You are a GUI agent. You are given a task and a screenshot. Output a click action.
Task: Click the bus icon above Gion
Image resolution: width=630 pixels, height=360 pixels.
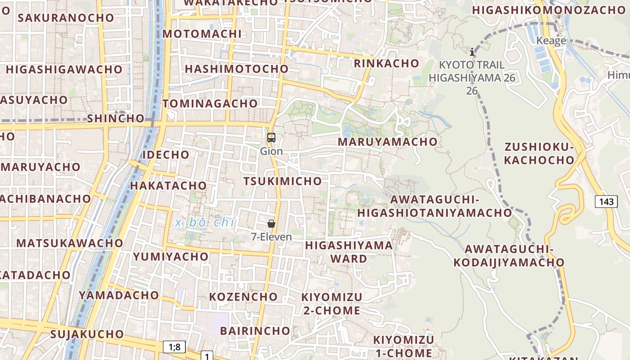[271, 138]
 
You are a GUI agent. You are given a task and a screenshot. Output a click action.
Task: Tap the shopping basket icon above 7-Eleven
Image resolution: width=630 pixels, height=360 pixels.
[271, 224]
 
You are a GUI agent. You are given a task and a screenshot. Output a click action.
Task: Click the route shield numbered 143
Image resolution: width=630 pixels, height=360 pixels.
[606, 201]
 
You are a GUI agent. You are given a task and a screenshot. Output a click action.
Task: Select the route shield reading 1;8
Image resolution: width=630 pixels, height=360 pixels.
[174, 346]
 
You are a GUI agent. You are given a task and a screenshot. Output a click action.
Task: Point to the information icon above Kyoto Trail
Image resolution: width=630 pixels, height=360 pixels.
[472, 52]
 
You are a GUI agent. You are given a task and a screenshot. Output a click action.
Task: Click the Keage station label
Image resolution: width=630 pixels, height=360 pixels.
[551, 41]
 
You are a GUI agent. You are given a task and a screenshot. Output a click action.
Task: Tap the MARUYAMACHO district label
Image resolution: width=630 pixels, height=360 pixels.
[387, 142]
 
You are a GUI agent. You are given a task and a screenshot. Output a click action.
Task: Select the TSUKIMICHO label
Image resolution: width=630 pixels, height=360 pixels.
[283, 181]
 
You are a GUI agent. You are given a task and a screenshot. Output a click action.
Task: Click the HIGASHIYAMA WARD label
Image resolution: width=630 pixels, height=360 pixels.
[349, 252]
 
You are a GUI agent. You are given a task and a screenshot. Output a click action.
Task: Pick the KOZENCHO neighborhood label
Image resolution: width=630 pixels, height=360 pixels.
[243, 297]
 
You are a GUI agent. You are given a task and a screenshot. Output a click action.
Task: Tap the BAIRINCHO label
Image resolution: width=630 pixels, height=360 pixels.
[255, 331]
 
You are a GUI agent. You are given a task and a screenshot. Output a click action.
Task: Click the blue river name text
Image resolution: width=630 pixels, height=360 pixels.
[206, 222]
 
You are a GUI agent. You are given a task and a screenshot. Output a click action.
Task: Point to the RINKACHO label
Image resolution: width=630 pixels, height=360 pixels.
[387, 63]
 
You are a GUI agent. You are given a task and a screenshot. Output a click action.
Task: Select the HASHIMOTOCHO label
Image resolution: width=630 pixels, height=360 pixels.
[236, 69]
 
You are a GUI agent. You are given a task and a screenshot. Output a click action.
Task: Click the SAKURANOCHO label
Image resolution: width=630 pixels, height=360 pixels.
[66, 18]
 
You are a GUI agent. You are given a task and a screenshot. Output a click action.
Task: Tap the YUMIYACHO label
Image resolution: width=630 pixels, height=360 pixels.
[171, 257]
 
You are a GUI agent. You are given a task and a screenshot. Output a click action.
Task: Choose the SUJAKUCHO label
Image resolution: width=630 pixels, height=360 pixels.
[87, 334]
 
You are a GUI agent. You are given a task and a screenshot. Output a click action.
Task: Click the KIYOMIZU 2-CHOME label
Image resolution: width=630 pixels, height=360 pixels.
[332, 304]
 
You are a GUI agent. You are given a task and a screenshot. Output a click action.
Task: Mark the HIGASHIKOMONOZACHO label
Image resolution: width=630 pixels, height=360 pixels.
[549, 9]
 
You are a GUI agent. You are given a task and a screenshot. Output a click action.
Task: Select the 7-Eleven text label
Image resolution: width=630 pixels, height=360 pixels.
[271, 237]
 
